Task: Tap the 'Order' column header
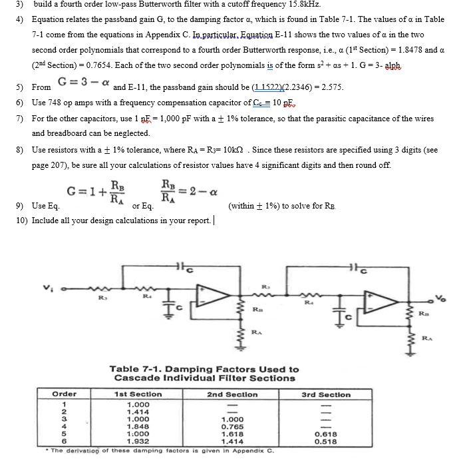(65, 394)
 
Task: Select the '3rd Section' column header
(326, 394)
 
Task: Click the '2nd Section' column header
(233, 394)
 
